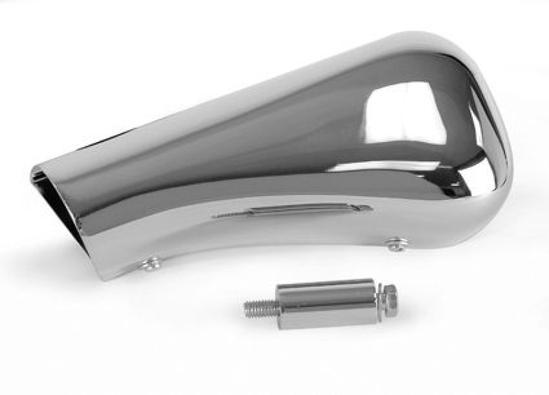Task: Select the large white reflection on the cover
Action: pos(405,113)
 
